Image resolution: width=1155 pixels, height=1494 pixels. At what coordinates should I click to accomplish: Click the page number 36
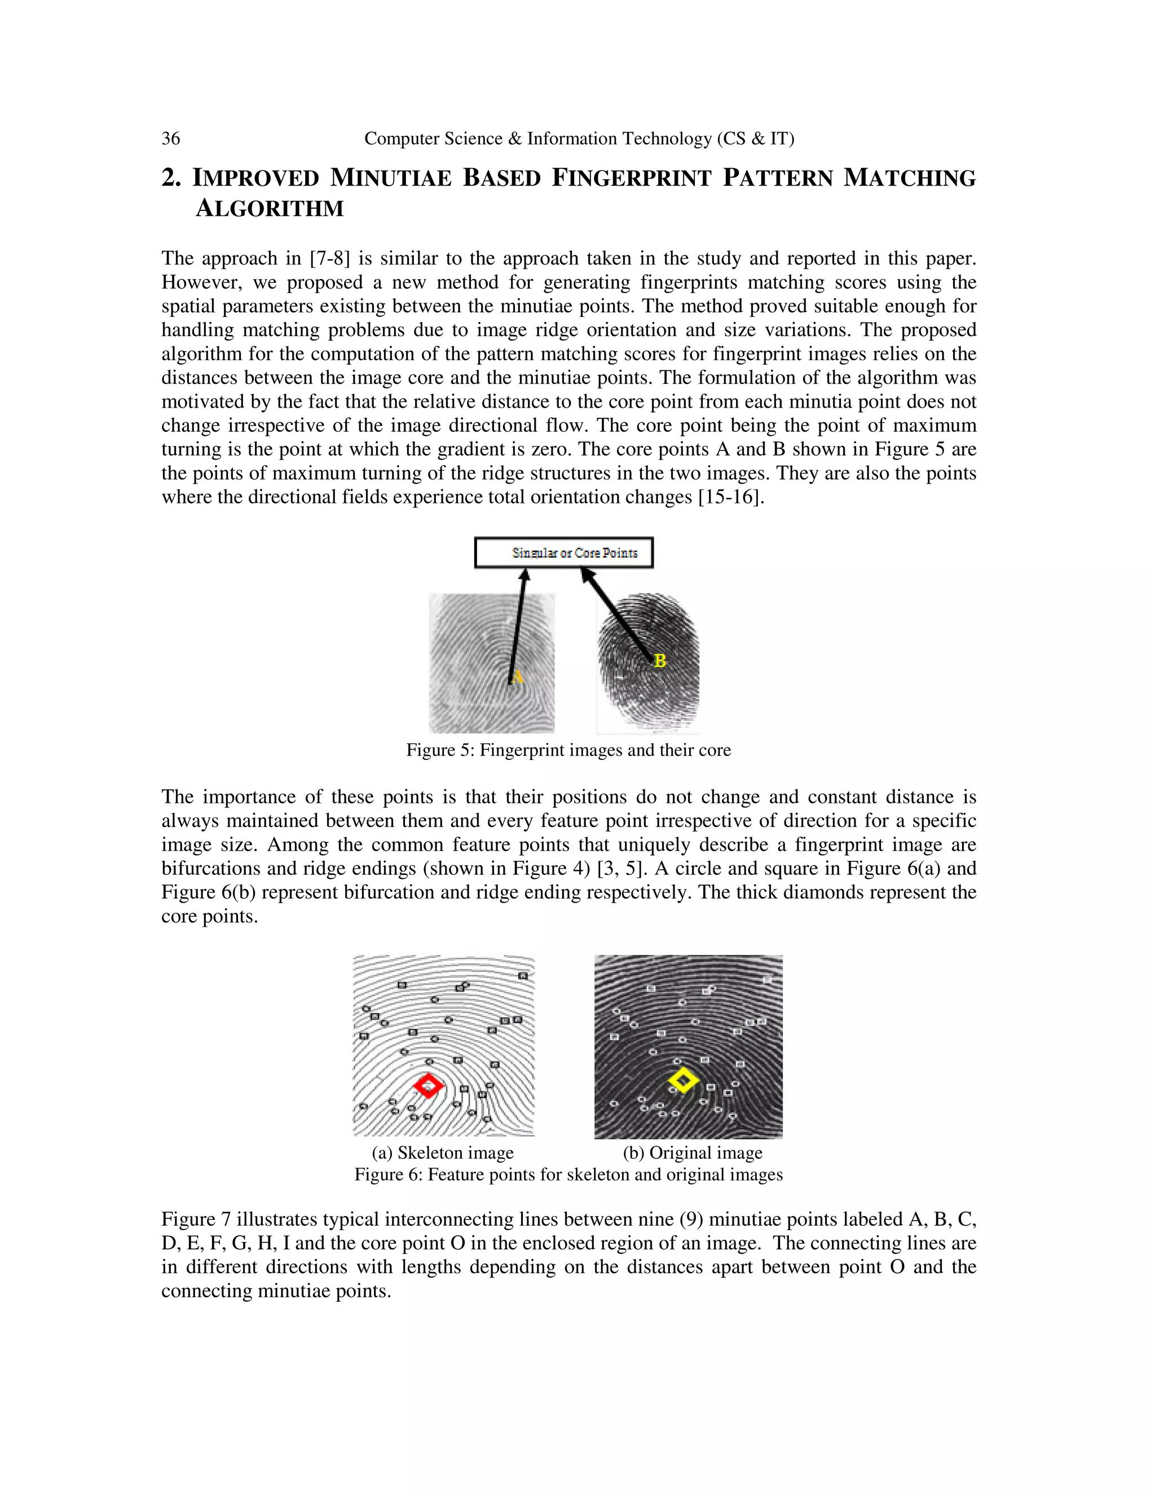[170, 139]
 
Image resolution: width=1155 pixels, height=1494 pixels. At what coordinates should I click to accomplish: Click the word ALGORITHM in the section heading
[270, 209]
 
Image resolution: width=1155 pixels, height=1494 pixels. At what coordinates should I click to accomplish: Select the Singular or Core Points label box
[564, 552]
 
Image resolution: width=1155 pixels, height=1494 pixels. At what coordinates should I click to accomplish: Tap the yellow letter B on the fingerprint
[660, 661]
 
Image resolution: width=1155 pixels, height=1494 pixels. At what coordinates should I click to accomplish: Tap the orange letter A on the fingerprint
[518, 677]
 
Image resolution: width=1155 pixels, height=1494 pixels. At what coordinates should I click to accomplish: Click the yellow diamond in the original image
[683, 1080]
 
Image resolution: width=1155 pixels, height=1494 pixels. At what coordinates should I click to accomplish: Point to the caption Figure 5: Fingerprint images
[568, 750]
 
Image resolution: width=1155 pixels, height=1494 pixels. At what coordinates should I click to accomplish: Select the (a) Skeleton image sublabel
[443, 1153]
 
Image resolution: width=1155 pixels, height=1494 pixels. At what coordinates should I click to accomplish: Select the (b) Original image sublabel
[693, 1153]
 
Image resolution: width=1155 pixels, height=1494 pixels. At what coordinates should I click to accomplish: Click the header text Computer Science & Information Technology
[579, 139]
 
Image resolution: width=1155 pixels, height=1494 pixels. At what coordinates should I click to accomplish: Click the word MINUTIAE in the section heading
[391, 178]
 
